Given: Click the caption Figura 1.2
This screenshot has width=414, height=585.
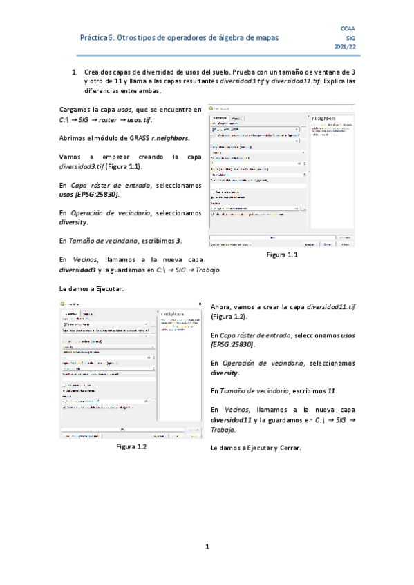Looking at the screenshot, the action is [132, 446].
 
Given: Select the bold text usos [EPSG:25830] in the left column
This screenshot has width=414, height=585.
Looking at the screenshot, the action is [89, 195].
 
